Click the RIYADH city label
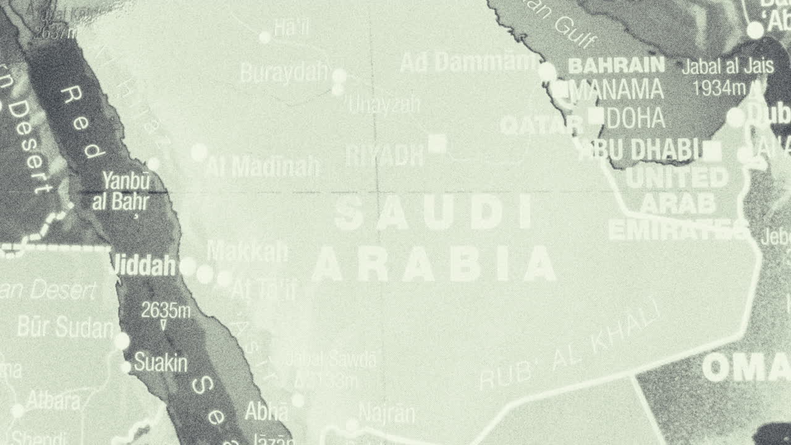pyautogui.click(x=384, y=155)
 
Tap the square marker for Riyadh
pyautogui.click(x=437, y=144)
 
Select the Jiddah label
pyautogui.click(x=142, y=266)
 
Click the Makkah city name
pyautogui.click(x=247, y=251)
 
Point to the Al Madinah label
pyautogui.click(x=263, y=166)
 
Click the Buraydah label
pyautogui.click(x=284, y=74)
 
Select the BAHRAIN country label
pyautogui.click(x=616, y=65)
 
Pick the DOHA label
pyautogui.click(x=635, y=117)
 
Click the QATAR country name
pyautogui.click(x=541, y=126)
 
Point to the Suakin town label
pyautogui.click(x=160, y=363)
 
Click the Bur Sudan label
pyautogui.click(x=66, y=328)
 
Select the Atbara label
pyautogui.click(x=53, y=402)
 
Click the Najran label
pyautogui.click(x=387, y=413)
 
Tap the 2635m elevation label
pyautogui.click(x=166, y=310)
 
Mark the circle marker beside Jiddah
pyautogui.click(x=188, y=267)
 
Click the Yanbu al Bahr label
pyautogui.click(x=126, y=192)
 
